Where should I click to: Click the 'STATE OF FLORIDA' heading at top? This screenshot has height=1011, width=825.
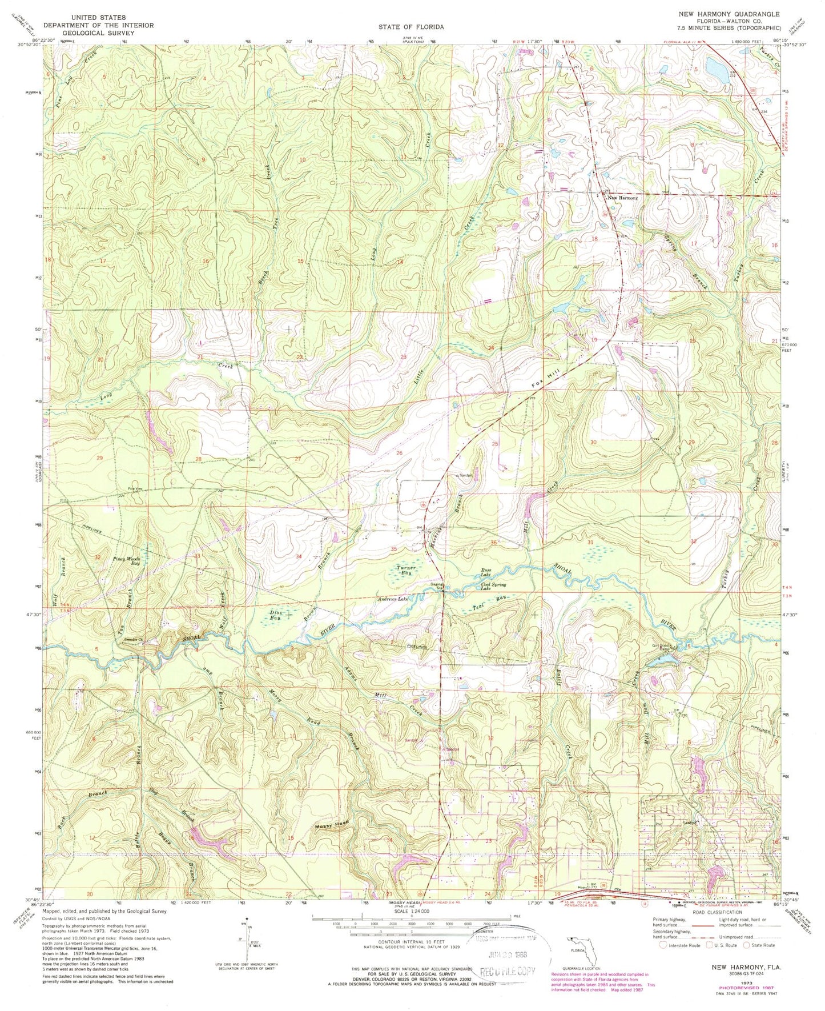coord(412,27)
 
